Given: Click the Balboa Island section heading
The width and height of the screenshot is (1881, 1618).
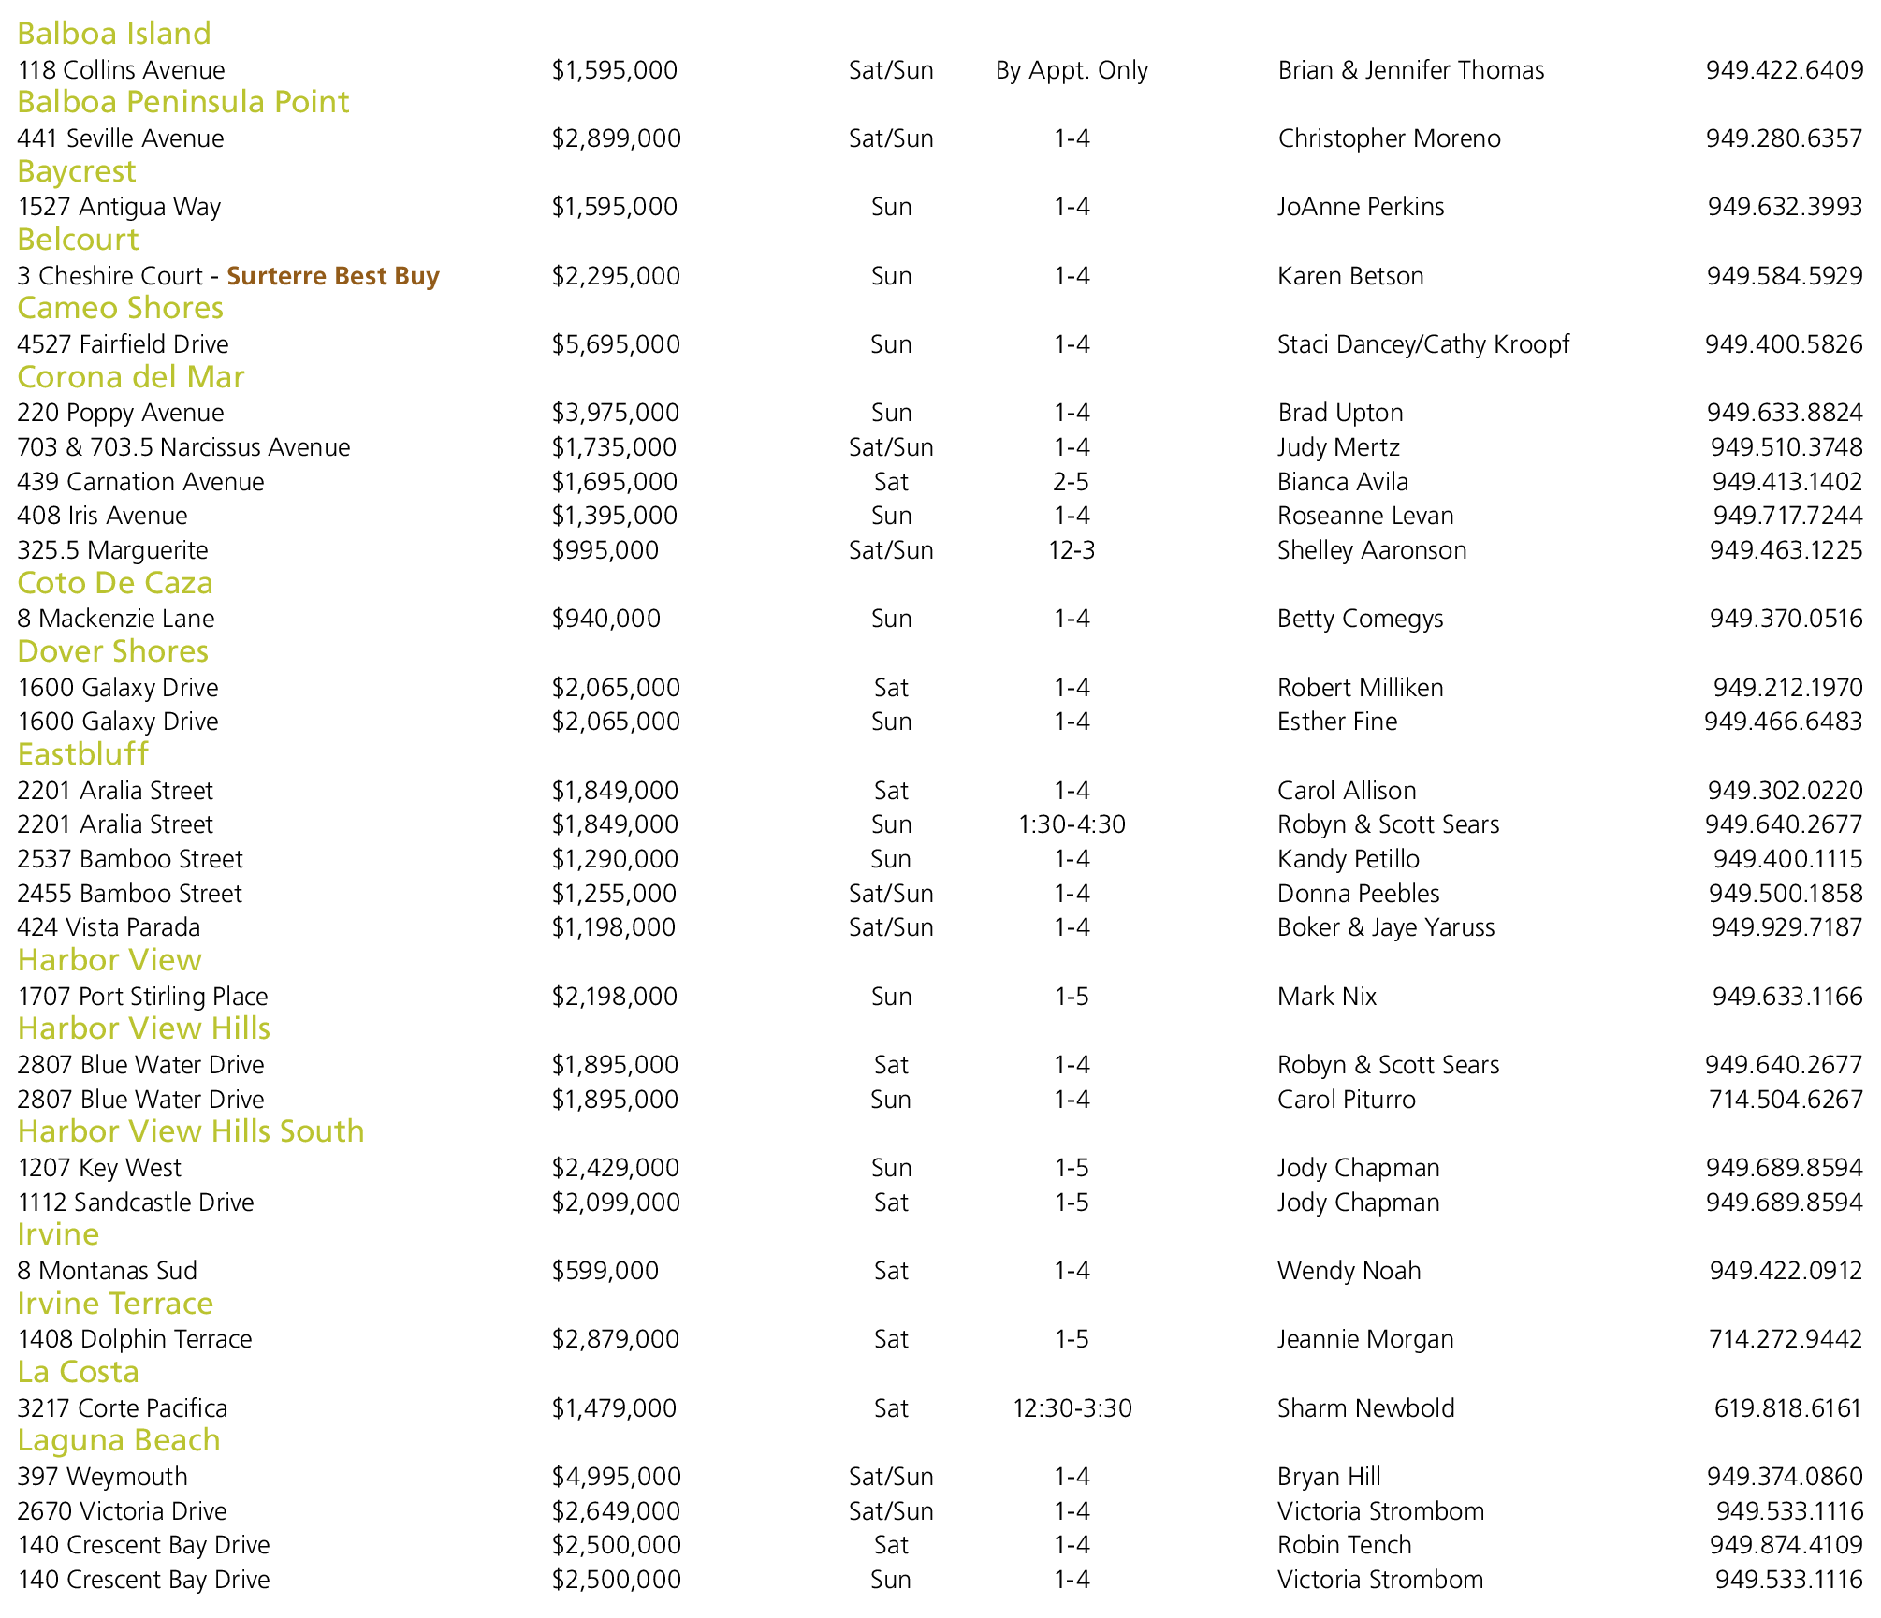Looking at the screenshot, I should (114, 34).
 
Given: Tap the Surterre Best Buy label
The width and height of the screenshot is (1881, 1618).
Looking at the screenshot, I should (333, 276).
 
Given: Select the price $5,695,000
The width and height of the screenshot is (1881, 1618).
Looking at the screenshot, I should (616, 344).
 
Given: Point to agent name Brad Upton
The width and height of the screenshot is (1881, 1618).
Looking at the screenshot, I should (1340, 413).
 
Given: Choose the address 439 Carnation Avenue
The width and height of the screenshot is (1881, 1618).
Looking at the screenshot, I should (140, 482).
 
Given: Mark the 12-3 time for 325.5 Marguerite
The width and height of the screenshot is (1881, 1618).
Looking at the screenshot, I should (1072, 550).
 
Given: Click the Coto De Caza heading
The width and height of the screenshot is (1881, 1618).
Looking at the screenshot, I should (115, 583).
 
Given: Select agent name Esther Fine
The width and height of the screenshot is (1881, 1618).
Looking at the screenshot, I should (1337, 722).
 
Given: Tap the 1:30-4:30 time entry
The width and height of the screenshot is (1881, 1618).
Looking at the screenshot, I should (1072, 824).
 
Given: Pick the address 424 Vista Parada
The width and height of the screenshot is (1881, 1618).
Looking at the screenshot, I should (109, 927).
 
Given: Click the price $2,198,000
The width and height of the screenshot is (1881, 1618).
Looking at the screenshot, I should (615, 997).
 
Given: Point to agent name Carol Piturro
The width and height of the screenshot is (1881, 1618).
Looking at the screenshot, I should (1347, 1100).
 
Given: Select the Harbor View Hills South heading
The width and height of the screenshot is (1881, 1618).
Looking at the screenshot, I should (191, 1131).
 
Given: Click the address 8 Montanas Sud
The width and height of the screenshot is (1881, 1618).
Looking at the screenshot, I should (108, 1271).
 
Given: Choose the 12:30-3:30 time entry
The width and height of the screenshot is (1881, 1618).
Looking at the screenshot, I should (1072, 1408).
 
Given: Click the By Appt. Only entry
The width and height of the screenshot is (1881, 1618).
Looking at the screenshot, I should (1072, 70).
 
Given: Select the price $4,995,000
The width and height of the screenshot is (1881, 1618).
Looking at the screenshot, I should (617, 1477).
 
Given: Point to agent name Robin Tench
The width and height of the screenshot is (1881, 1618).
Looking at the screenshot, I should (1344, 1545).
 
